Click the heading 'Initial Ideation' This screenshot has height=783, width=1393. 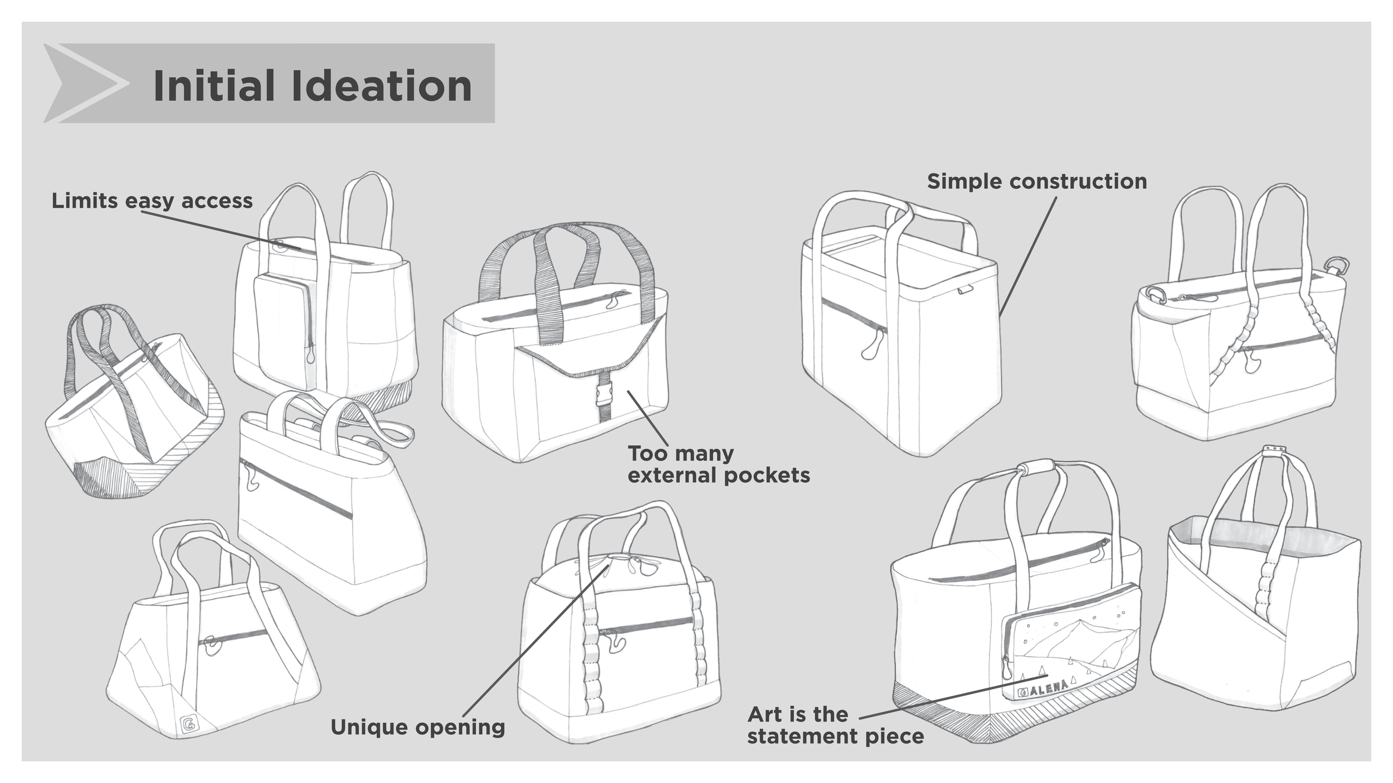[x=312, y=86]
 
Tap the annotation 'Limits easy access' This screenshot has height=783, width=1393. [x=152, y=200]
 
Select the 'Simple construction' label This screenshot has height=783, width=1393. [x=1036, y=182]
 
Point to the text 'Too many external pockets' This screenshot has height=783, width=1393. [x=718, y=464]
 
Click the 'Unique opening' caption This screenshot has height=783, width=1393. [x=417, y=727]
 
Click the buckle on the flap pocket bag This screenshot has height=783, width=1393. [x=604, y=394]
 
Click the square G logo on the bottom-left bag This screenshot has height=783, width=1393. [x=189, y=725]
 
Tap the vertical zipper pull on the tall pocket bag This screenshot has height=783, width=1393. [x=310, y=353]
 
